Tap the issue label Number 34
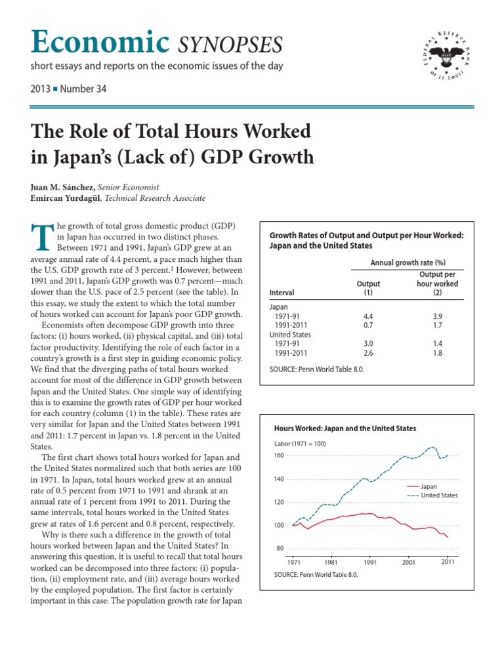[83, 89]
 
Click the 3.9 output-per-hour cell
[437, 316]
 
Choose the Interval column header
[282, 293]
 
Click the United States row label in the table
[290, 334]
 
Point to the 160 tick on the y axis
[278, 455]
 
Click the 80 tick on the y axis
[280, 549]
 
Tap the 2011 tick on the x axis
[448, 562]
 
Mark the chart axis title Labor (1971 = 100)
[299, 443]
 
